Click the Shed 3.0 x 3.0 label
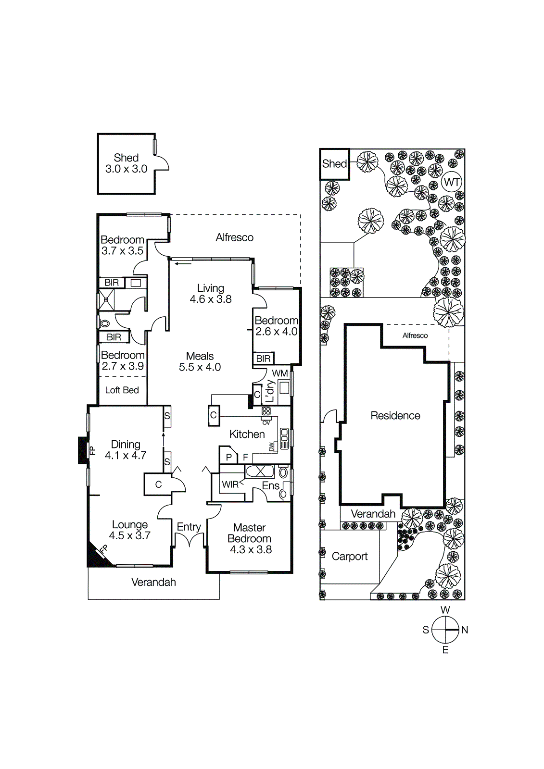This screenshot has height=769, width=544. coord(126,163)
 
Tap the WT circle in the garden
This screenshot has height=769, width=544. coord(452,182)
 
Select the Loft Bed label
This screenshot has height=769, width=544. coord(122,390)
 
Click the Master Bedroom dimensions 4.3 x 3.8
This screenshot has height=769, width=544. coord(251,550)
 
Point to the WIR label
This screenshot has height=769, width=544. coord(230,484)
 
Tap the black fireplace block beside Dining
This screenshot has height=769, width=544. coord(83,450)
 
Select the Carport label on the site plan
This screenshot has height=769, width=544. coord(350,557)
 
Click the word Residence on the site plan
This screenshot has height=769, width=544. coord(395,416)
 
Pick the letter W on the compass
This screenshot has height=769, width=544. coord(445,610)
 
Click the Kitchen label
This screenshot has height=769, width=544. coord(247,434)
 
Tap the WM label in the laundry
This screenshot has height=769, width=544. coord(280,373)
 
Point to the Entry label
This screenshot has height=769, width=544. coord(189,527)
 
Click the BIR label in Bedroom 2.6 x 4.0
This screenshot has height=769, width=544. coord(263,359)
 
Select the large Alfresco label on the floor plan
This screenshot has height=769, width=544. coord(234,237)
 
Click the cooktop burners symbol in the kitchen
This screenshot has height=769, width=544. coord(266,411)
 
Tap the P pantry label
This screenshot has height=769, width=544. coord(229,457)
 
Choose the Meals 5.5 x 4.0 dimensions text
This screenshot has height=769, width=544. coord(200,367)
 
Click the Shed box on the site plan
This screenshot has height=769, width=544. coord(334,164)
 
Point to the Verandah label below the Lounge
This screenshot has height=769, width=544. coord(153,583)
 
